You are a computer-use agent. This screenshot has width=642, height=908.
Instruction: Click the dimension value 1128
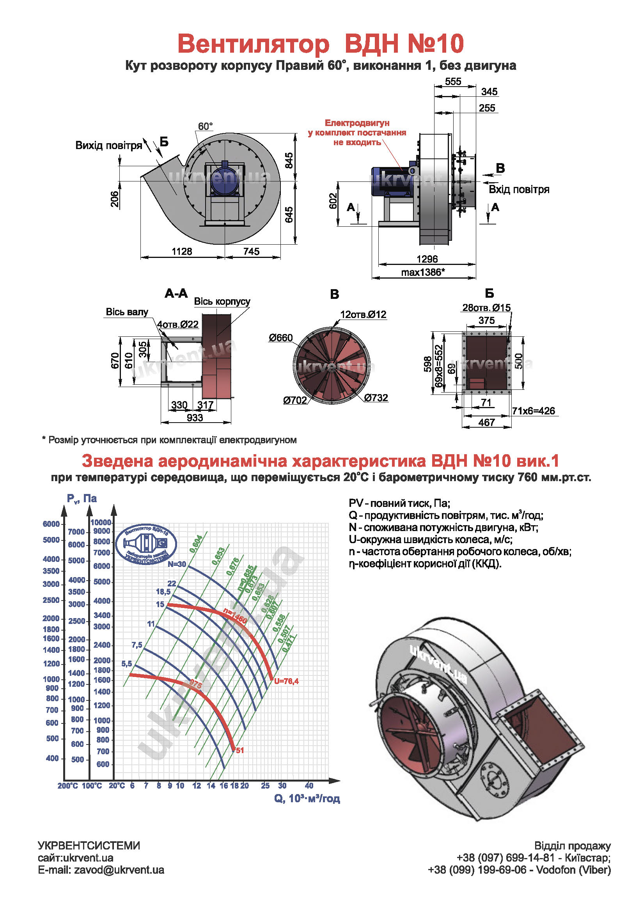coord(181,252)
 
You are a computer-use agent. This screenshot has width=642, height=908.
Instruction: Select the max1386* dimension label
coord(423,272)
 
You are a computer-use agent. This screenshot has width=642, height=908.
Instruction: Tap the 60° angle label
coord(205,126)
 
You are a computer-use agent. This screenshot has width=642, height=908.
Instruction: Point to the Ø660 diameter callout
coord(281,338)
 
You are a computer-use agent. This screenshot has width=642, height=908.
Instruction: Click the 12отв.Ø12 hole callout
coord(363,315)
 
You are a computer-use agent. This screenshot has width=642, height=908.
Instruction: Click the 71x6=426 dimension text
coord(533,411)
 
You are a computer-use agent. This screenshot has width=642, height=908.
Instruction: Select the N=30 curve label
coord(177,564)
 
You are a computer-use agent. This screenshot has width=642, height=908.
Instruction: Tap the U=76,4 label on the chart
coord(286,681)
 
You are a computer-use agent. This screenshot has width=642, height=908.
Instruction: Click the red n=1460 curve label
coord(235,616)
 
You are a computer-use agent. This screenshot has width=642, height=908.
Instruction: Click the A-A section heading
coord(176,293)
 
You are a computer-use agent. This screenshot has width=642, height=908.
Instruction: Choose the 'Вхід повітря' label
coord(519,189)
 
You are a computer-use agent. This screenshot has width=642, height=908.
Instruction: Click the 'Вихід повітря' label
coord(109,146)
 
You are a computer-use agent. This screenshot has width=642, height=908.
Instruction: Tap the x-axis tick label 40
coord(309,785)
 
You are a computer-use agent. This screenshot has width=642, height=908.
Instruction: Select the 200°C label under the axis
coord(67,786)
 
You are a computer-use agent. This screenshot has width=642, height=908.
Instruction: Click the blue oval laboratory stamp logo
coord(146,544)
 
